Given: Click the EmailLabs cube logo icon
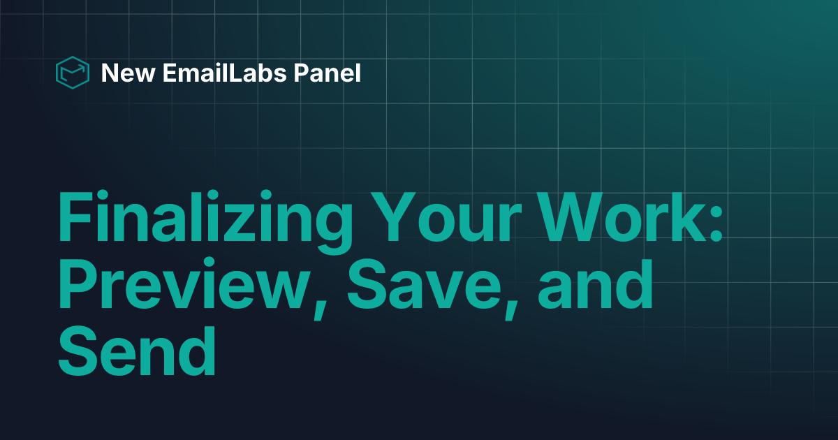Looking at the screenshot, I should coord(73,72).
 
